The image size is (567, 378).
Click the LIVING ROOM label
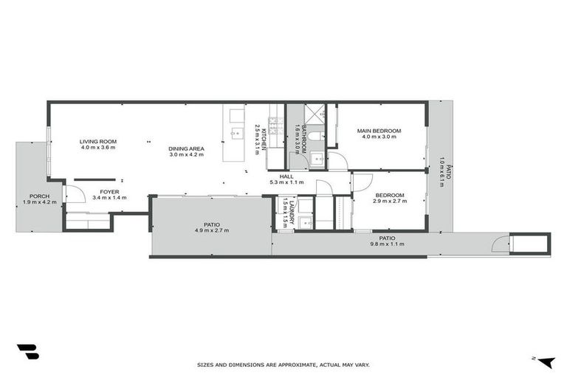98,141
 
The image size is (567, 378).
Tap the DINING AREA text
186,148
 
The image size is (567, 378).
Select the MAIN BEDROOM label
377,131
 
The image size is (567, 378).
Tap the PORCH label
34,196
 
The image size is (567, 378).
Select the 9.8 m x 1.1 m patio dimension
387,244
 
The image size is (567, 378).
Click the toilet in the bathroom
315,136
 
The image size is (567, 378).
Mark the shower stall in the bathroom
315,114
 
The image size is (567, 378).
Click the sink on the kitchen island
236,134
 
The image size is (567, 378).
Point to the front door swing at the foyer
74,193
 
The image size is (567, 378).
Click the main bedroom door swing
337,161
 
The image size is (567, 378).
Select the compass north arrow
544,361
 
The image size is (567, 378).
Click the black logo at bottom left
27,352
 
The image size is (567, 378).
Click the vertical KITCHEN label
258,137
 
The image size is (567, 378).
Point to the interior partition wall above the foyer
94,179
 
